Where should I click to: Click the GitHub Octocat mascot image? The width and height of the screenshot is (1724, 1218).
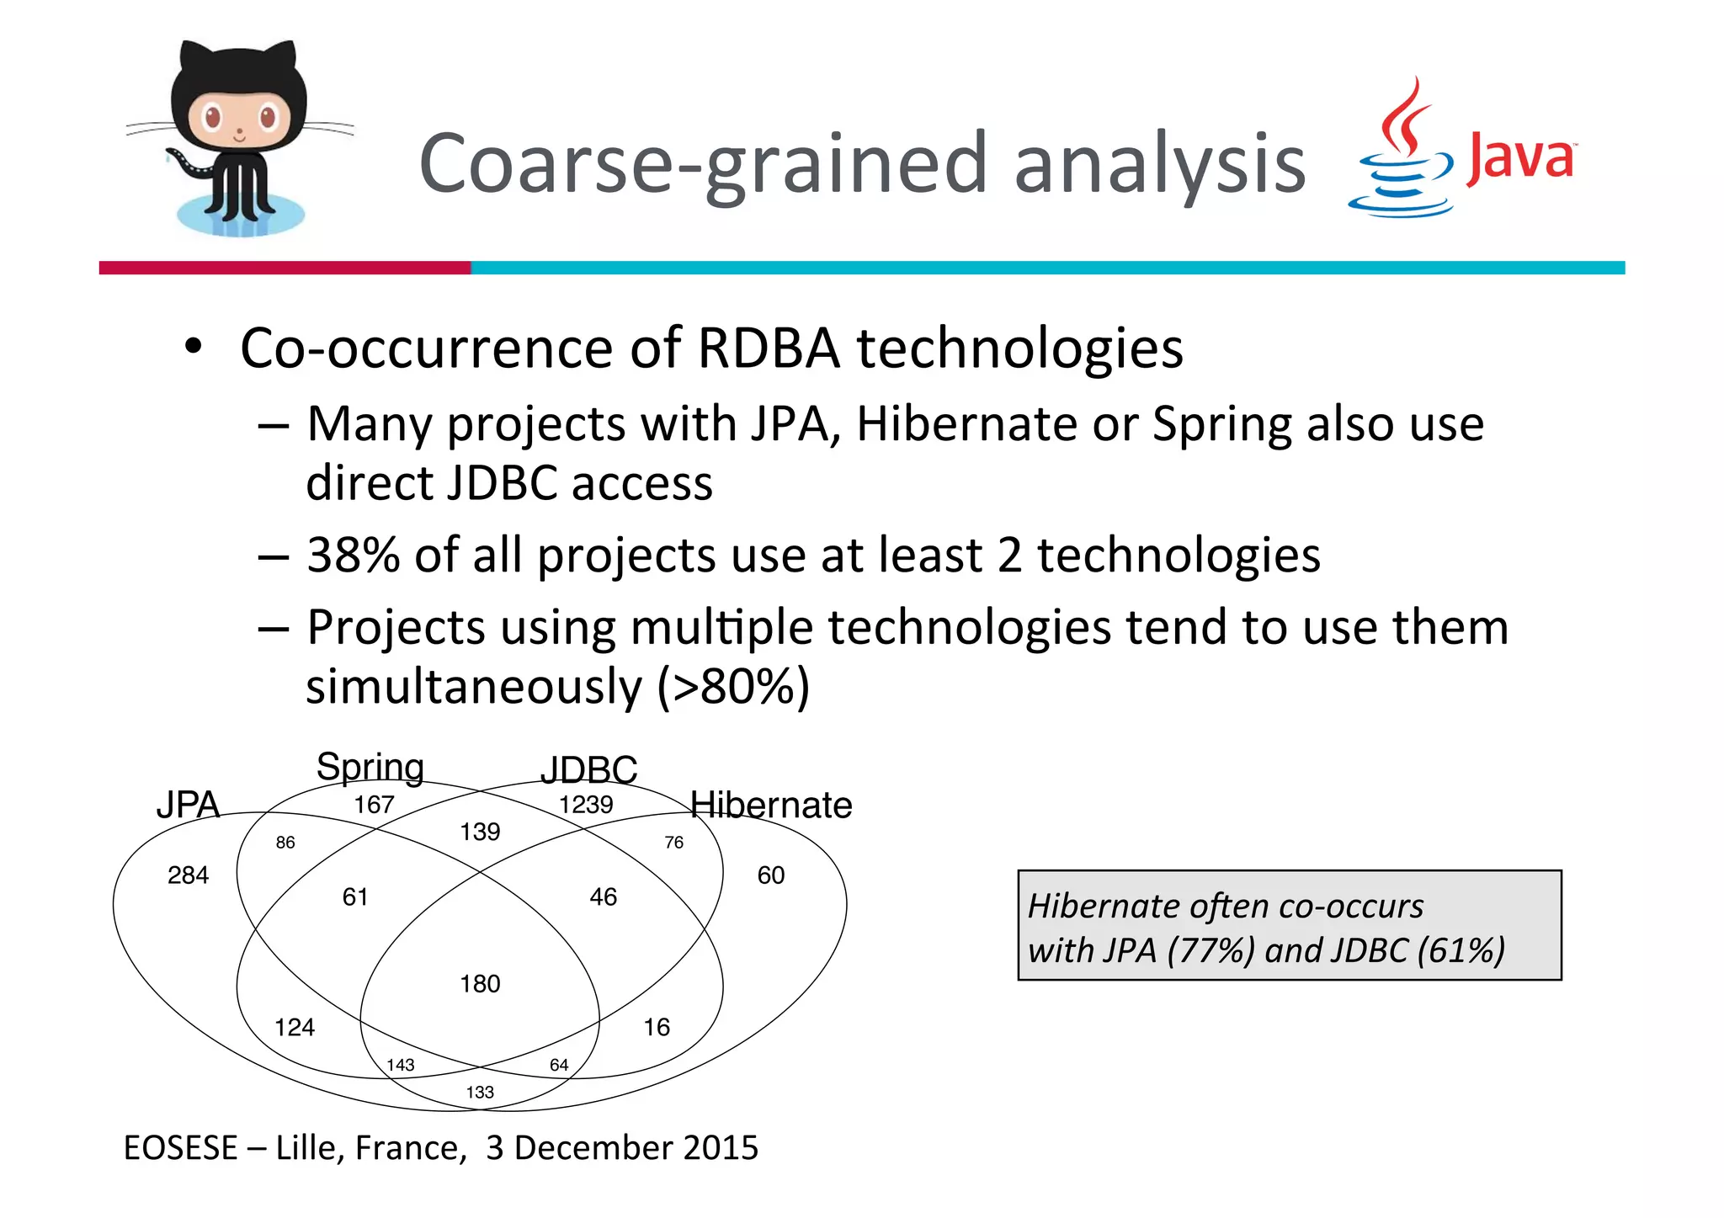coord(240,139)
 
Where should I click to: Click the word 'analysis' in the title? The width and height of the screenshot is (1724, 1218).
coord(1159,164)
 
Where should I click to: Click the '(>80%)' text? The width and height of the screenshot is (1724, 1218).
coord(733,686)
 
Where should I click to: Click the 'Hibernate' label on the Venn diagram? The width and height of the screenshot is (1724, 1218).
coord(771,806)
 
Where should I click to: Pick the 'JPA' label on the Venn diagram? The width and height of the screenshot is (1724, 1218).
coord(188,806)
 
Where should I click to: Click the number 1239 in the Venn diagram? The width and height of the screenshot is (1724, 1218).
coord(586,805)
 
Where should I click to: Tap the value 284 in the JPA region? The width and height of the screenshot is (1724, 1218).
coord(188,875)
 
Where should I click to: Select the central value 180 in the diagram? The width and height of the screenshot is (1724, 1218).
coord(480,984)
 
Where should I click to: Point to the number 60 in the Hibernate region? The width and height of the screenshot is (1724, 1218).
coord(770,875)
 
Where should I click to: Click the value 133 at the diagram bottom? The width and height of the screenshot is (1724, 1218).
coord(480,1093)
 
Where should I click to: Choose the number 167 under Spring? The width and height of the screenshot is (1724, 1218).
coord(374,805)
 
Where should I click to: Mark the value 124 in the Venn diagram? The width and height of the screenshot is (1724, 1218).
coord(295,1028)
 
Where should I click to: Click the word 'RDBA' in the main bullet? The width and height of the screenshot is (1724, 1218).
coord(769,348)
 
